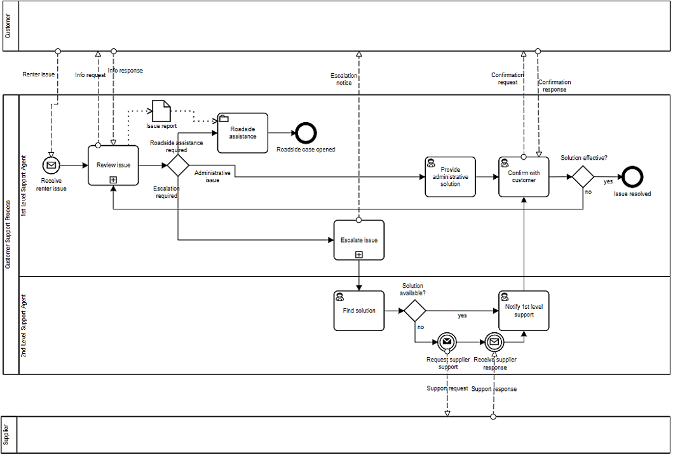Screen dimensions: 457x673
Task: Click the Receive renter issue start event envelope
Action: (x=51, y=165)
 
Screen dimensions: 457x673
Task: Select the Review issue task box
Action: (x=113, y=165)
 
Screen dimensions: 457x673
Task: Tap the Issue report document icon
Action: (x=161, y=111)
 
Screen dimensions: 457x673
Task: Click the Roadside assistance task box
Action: (x=243, y=133)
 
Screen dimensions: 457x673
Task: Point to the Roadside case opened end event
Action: (x=305, y=133)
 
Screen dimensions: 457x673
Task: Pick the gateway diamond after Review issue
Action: (x=178, y=165)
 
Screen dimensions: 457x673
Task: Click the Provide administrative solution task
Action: (x=450, y=176)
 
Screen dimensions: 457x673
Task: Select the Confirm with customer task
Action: (x=524, y=176)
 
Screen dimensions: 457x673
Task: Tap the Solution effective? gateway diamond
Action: (x=583, y=176)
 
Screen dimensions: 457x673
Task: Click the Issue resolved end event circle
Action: (x=632, y=176)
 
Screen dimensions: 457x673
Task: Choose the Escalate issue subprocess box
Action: (x=359, y=240)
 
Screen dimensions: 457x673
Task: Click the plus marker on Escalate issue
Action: (x=359, y=255)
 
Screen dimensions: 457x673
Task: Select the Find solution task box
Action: (x=359, y=311)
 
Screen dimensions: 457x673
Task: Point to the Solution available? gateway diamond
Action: (x=414, y=311)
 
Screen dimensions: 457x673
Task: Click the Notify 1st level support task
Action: (x=524, y=311)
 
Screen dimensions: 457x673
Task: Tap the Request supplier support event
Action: (x=447, y=342)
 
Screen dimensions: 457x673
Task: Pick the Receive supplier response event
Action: (x=494, y=342)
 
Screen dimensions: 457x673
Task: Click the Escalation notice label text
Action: (x=344, y=80)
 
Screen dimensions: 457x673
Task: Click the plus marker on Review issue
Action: (x=113, y=179)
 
